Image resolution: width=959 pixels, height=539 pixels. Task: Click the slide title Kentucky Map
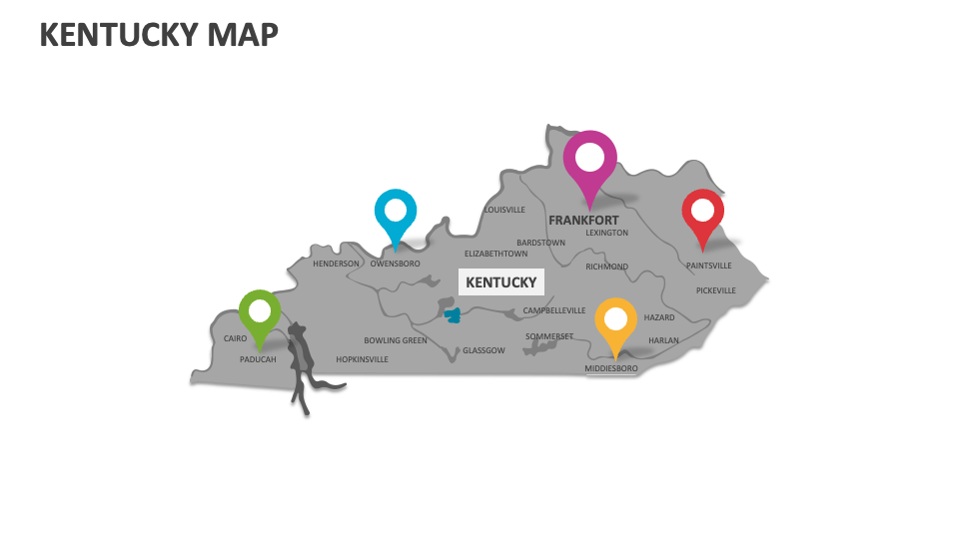pos(159,35)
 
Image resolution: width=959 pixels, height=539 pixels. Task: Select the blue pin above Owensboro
pos(396,212)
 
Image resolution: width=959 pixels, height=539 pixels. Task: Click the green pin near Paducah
pos(260,311)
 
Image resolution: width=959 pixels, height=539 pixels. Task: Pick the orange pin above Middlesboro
pos(615,320)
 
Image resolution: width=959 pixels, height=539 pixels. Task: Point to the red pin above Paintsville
pos(703,213)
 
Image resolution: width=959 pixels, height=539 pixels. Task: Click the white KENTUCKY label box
pos(501,282)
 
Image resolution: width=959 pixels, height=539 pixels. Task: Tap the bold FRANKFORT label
pos(583,221)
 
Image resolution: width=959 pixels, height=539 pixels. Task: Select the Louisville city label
pos(504,210)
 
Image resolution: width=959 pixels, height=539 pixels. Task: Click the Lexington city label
pos(606,233)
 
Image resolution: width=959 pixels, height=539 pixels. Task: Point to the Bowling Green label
pos(396,340)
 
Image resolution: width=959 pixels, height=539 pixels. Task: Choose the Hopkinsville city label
pos(362,359)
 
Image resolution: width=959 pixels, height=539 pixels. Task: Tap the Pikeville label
pos(715,290)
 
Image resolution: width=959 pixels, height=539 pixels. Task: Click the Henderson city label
pos(336,264)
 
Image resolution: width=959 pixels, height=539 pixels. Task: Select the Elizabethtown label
pos(495,254)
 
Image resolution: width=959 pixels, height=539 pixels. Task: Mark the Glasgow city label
pos(483,350)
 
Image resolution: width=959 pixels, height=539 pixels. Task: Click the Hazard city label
pos(659,317)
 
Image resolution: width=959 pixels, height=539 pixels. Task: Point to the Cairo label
pos(235,338)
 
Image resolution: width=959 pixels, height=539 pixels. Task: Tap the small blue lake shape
pos(453,315)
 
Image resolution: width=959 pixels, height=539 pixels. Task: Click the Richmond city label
pos(606,267)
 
